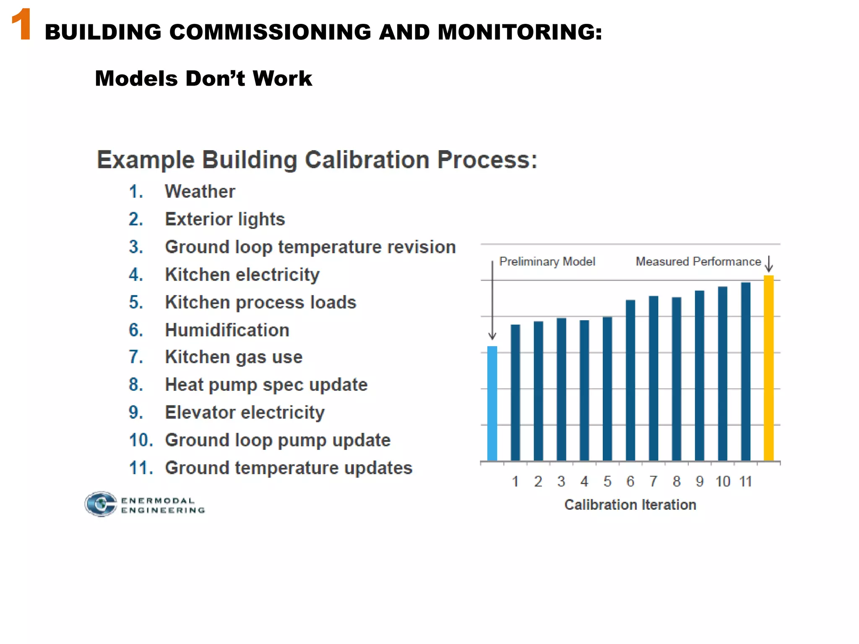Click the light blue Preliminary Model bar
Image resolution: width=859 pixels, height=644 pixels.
(x=492, y=403)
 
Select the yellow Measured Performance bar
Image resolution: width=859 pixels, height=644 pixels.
(x=768, y=368)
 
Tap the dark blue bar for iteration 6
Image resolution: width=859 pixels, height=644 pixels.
(x=630, y=380)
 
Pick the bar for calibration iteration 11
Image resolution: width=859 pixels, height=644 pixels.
(x=745, y=371)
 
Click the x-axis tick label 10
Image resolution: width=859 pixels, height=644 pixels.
(x=723, y=481)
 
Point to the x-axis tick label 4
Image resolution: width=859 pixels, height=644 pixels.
(x=584, y=481)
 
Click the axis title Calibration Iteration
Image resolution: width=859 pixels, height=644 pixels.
(x=630, y=505)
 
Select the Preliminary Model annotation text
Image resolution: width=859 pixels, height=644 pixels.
(x=547, y=262)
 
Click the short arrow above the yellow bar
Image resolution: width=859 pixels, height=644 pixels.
(x=769, y=264)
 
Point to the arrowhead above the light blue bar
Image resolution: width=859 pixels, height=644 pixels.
(x=492, y=336)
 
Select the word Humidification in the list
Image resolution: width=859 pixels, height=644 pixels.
(x=227, y=330)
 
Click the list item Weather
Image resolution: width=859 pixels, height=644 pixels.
(x=200, y=192)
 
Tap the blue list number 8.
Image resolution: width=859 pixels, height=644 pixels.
(x=136, y=385)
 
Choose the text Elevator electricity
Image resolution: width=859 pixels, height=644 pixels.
(x=245, y=413)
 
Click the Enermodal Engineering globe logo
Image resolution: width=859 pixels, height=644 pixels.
(x=101, y=504)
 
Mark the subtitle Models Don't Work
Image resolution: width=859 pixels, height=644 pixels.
(x=203, y=78)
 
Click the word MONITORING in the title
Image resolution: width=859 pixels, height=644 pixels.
(x=519, y=32)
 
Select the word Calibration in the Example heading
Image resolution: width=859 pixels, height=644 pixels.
(x=367, y=160)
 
